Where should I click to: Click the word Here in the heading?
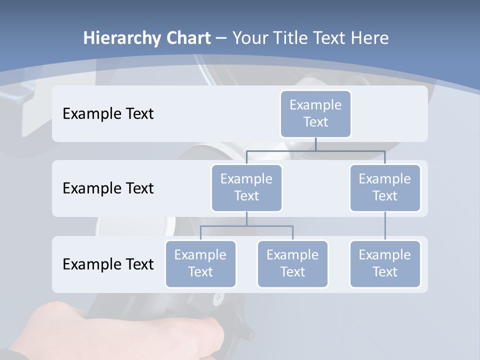tap(369, 38)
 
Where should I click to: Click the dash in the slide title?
tap(221, 38)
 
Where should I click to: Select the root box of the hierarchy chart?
tap(315, 113)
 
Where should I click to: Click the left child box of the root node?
tap(246, 187)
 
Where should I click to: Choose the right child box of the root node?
tap(385, 187)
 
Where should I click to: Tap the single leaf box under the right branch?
tap(385, 263)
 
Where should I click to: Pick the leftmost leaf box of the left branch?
tap(200, 263)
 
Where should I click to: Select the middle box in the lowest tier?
tap(292, 263)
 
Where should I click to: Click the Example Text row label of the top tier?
tap(108, 113)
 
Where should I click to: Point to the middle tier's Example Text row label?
tap(108, 188)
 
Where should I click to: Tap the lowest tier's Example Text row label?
tap(108, 264)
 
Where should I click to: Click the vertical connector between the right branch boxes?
tap(385, 226)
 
